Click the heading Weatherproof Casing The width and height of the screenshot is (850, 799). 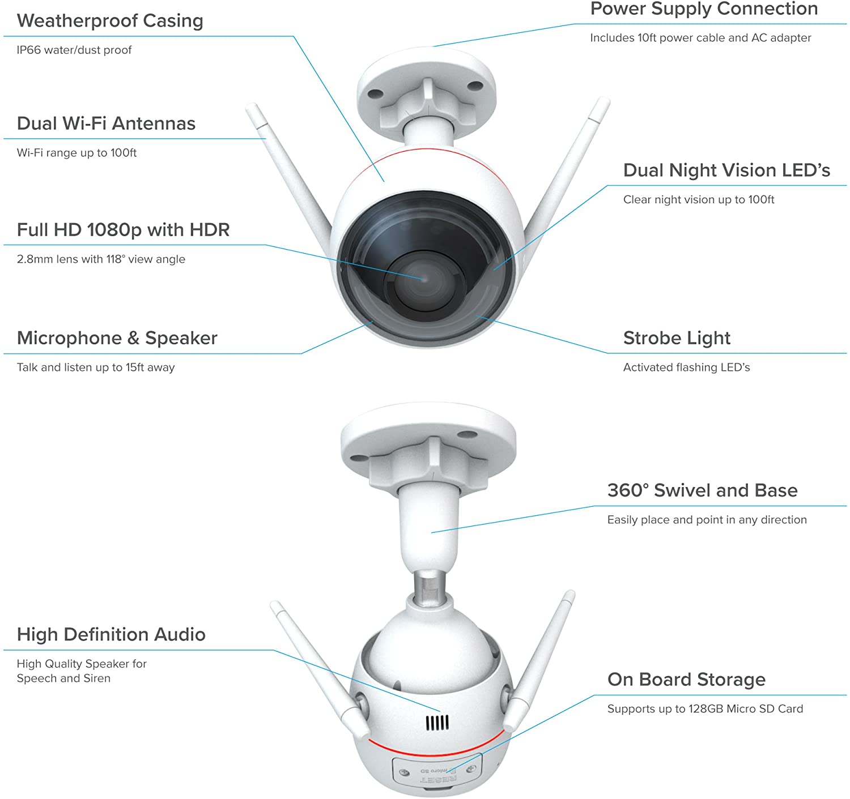(x=110, y=21)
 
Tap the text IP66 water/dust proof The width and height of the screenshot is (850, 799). (x=74, y=50)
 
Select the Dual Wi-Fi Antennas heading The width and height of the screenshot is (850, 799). (x=106, y=123)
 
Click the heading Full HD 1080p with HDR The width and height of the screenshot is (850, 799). (x=123, y=230)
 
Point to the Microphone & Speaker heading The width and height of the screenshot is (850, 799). (x=117, y=338)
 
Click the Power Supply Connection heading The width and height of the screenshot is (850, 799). (x=704, y=9)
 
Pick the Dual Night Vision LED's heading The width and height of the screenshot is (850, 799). (x=726, y=170)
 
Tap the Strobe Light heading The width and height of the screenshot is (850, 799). (x=677, y=338)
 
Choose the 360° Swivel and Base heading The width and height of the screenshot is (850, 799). (x=702, y=490)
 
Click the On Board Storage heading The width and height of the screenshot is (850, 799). (x=686, y=680)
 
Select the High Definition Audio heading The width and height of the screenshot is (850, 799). (x=111, y=634)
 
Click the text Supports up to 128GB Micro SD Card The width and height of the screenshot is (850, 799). (x=705, y=709)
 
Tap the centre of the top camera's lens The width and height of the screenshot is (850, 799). (x=422, y=278)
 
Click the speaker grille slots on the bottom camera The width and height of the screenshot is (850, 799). (x=437, y=723)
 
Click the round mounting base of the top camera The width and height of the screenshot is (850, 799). (x=426, y=85)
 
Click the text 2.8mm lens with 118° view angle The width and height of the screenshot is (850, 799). (x=101, y=259)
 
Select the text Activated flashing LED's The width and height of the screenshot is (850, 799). (x=686, y=368)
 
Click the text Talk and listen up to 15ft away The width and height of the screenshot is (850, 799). (x=96, y=368)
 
